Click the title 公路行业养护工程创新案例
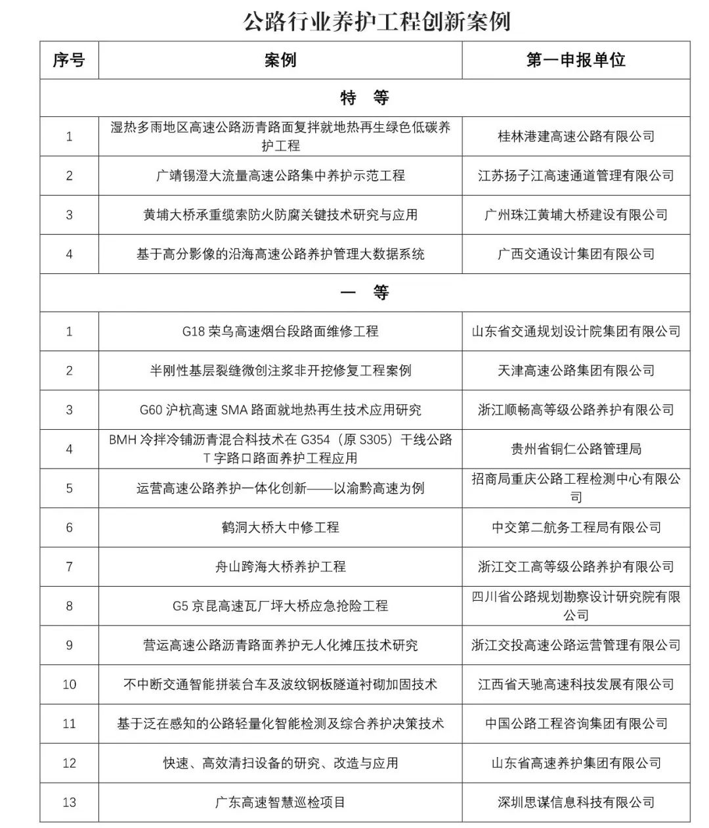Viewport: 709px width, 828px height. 376,21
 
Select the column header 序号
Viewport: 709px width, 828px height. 69,60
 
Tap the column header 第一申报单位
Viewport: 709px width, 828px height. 576,60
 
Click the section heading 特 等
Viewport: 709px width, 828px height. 364,98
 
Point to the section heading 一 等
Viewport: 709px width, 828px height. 364,292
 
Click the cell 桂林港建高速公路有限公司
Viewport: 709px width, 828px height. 576,137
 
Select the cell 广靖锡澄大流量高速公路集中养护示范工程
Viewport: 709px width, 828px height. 280,175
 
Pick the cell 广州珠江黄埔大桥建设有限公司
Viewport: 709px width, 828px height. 576,215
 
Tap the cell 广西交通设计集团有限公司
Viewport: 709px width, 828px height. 576,254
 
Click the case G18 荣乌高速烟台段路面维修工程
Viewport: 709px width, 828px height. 280,331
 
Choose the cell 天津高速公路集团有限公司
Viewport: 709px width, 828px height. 576,371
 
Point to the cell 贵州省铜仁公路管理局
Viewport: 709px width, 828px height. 576,449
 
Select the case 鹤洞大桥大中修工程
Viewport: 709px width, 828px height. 280,527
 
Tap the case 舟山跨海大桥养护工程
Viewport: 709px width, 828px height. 280,566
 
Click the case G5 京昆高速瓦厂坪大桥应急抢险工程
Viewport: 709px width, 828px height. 280,606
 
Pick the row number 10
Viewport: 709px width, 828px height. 69,684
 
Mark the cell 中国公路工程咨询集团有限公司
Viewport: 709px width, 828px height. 576,724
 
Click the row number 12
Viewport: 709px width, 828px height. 69,763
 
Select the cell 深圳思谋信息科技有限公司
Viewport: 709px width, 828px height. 576,802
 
